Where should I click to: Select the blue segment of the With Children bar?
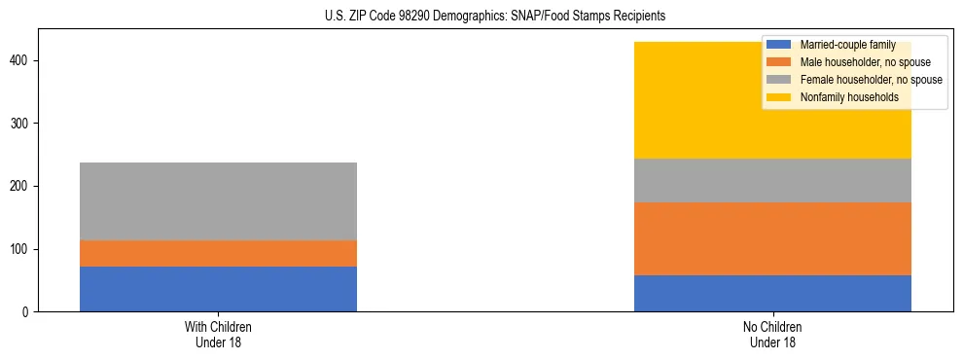(x=218, y=289)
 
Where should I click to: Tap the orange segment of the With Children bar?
(x=218, y=253)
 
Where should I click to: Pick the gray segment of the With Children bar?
(x=218, y=201)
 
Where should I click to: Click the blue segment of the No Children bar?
(x=772, y=293)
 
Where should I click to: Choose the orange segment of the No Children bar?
(x=772, y=238)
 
